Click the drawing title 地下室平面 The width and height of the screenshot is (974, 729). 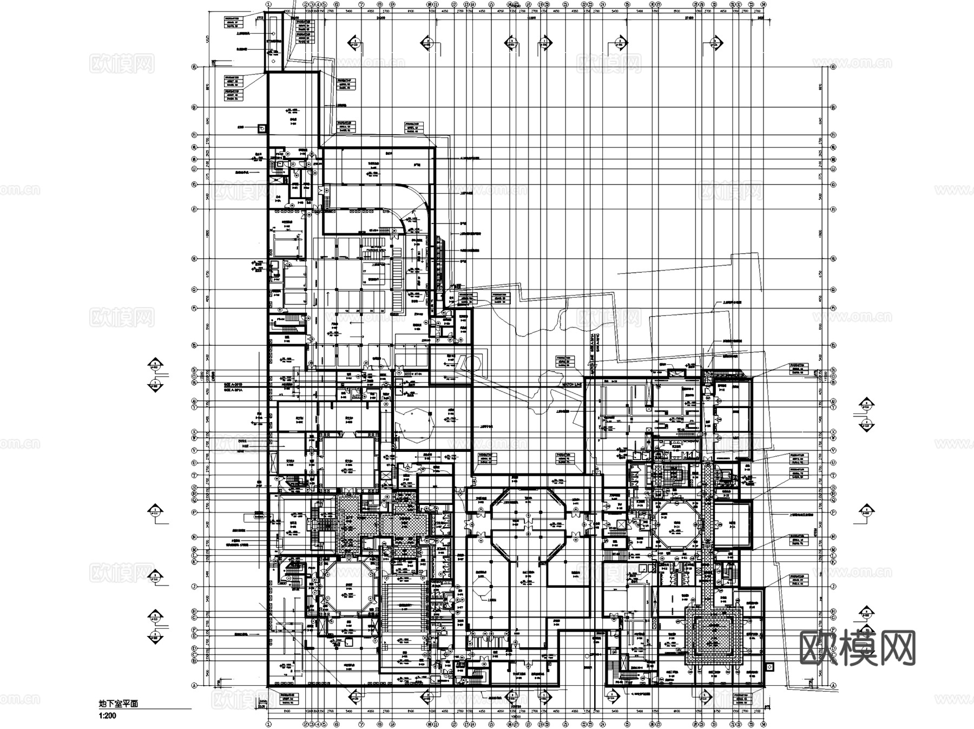coord(119,704)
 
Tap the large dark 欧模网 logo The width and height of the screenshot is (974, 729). coord(857,648)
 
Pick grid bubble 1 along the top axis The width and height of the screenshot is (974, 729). coord(268,4)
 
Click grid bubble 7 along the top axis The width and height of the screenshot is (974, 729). coord(361,4)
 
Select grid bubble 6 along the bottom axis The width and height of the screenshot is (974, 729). coord(336,725)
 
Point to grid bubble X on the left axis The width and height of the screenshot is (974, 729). coord(193,432)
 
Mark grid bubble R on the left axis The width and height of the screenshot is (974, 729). coord(193,68)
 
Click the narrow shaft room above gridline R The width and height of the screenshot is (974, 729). coord(274,42)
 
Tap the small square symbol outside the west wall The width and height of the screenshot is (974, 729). coord(262,128)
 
